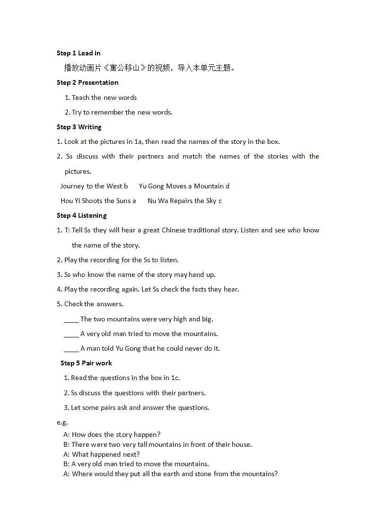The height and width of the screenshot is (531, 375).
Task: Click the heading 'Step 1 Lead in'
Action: (x=78, y=53)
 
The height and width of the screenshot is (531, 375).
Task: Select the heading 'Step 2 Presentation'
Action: (x=87, y=82)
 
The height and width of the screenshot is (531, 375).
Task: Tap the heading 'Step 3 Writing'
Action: (x=79, y=127)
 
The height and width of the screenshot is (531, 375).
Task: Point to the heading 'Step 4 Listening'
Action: (x=82, y=215)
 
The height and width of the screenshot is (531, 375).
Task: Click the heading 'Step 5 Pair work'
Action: (x=86, y=363)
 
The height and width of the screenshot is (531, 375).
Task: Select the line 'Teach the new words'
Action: (x=104, y=97)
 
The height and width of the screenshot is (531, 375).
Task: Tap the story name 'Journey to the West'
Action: (x=91, y=186)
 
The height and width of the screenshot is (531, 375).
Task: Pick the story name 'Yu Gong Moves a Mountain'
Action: (x=181, y=186)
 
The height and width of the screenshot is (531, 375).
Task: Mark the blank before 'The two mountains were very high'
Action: (x=71, y=320)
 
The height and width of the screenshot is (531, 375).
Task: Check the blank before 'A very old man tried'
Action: (x=71, y=335)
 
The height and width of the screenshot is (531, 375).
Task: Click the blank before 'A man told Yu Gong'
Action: (x=71, y=349)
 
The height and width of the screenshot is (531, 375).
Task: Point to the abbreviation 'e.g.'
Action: (x=62, y=422)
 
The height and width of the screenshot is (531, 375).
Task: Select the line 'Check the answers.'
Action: (x=94, y=304)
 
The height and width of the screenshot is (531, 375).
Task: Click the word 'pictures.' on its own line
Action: (x=78, y=171)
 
